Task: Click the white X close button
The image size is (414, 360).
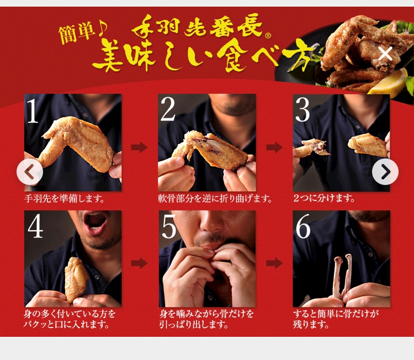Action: coord(385,54)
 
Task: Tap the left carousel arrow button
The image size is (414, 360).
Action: coord(30,172)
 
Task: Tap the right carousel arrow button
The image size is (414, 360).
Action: coord(385,172)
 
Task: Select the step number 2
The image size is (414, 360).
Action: coord(168,109)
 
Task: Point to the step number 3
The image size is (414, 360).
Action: coord(302,110)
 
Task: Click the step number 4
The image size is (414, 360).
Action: coord(35,226)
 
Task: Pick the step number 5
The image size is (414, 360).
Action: coord(169,226)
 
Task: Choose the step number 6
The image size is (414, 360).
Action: coord(303,226)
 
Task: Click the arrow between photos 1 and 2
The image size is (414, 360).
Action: coord(139,147)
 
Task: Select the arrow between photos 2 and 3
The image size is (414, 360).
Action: coord(274,147)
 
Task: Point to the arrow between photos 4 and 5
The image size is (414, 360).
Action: coord(139,263)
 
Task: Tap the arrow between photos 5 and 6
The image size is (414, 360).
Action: coord(274,263)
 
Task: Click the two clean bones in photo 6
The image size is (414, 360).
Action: coord(342,276)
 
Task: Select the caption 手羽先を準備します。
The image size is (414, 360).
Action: coord(64,198)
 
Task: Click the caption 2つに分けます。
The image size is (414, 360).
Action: coord(324,198)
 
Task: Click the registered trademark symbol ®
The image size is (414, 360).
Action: coord(268,35)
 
